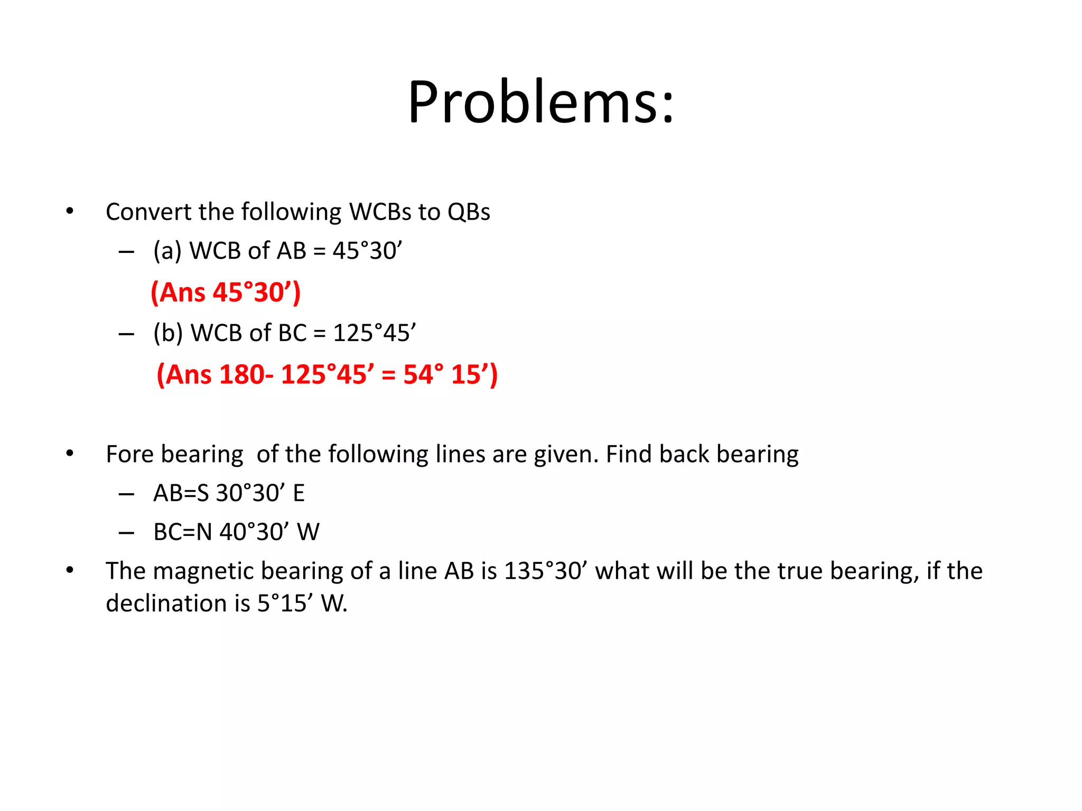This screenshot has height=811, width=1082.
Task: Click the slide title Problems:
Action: click(540, 102)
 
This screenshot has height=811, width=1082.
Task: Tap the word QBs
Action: click(469, 212)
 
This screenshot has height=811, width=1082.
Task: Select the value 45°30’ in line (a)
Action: click(367, 251)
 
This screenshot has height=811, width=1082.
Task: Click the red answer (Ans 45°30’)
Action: click(226, 292)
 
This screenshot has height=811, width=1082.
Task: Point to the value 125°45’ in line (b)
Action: click(374, 333)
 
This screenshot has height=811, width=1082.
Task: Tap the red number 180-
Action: click(246, 374)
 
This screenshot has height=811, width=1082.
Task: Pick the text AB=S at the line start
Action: click(181, 493)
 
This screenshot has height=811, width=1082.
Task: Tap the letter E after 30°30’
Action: click(299, 493)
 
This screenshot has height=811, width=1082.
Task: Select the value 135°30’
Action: click(546, 571)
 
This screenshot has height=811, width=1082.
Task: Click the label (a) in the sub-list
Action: click(167, 251)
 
